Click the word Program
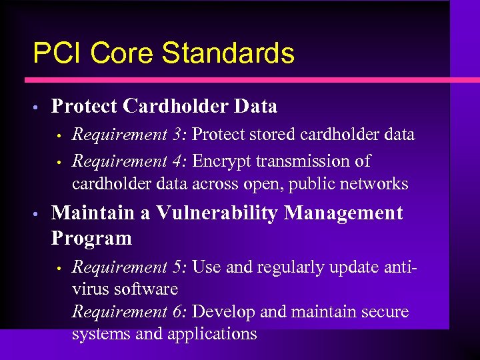click(x=91, y=238)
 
